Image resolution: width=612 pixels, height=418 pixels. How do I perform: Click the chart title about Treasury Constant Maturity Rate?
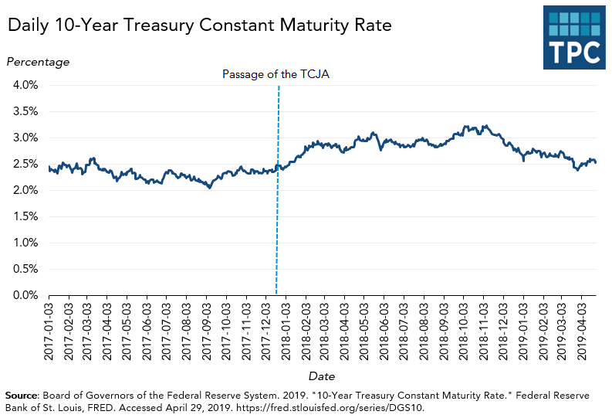tap(200, 25)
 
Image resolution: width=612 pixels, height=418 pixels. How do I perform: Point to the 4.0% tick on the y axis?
tap(25, 85)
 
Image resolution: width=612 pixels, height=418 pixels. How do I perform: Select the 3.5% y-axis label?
tap(25, 111)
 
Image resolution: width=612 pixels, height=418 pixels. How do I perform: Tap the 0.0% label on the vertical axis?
tap(25, 295)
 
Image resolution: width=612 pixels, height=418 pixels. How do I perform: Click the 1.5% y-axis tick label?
tap(25, 216)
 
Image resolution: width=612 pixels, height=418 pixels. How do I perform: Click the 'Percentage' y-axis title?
tap(38, 62)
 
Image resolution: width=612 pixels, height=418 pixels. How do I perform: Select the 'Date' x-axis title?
tap(322, 376)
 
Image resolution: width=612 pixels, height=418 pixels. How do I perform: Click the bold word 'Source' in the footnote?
tap(22, 396)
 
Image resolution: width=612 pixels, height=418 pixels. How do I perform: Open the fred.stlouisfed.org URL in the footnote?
tap(331, 406)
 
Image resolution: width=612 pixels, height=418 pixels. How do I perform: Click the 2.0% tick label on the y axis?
tap(25, 190)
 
